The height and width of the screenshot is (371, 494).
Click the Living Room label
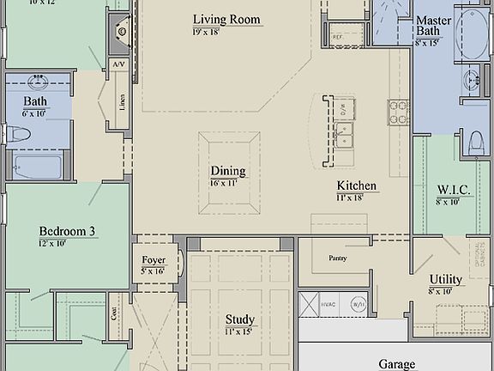(x=226, y=19)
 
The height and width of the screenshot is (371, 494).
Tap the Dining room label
(x=228, y=171)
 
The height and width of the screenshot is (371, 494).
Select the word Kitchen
(x=357, y=185)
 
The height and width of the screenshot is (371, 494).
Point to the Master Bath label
(x=434, y=25)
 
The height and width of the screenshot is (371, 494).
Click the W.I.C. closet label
(x=452, y=189)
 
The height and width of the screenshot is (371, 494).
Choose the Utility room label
(x=445, y=280)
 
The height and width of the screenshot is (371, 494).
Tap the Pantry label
(x=337, y=258)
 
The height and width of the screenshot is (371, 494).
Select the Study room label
(x=240, y=319)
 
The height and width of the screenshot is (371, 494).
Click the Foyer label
(x=154, y=260)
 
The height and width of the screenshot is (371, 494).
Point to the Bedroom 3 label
(x=67, y=231)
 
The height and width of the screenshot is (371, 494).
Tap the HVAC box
(x=309, y=303)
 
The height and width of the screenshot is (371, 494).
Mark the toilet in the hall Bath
(x=19, y=134)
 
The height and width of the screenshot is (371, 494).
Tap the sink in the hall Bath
(x=38, y=83)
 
